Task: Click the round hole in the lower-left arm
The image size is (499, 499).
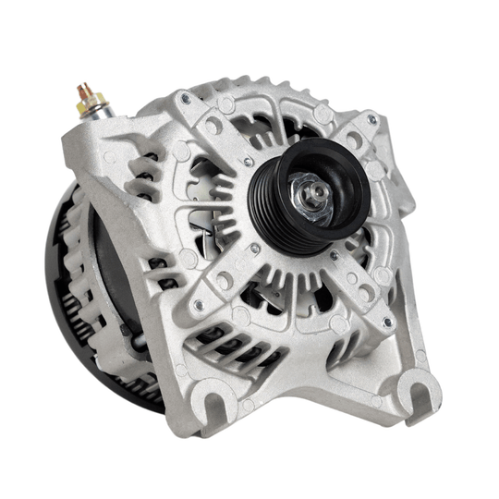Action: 222,277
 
